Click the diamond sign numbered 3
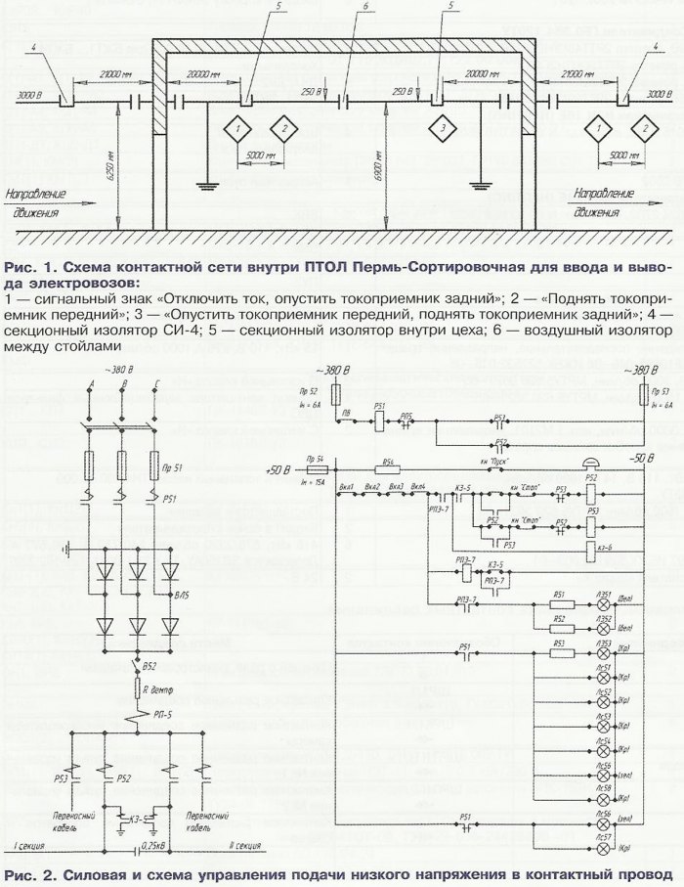pos(443,128)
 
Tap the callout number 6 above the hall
pos(338,7)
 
